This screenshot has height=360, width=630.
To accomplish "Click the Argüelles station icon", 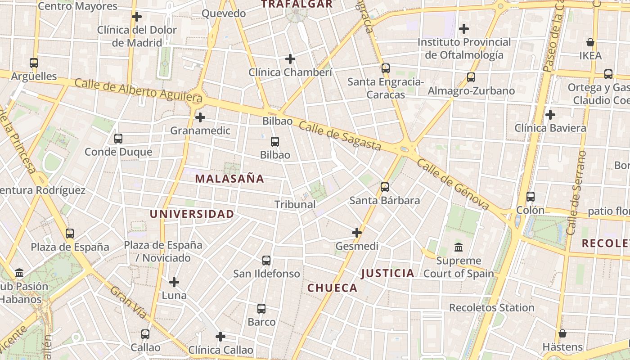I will [34, 63].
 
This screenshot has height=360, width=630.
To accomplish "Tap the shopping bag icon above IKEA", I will [590, 43].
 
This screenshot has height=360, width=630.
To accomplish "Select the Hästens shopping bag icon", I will [562, 333].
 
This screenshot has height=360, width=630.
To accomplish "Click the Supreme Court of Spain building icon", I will [459, 247].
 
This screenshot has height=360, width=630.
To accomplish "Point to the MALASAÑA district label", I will [229, 179].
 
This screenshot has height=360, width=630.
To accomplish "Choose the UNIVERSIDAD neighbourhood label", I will [192, 214].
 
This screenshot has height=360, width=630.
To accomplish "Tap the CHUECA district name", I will [332, 288].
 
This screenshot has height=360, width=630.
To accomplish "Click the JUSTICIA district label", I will [387, 273].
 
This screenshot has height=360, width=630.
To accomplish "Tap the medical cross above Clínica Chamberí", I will [290, 59].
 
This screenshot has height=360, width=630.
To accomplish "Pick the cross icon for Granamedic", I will [200, 117].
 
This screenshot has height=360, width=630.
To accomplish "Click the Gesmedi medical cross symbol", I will [357, 233].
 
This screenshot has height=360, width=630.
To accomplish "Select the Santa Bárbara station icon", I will [385, 187].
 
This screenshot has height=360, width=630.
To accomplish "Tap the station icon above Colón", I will [531, 197].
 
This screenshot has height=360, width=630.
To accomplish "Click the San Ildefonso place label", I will [266, 274].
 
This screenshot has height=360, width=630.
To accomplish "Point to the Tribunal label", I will [295, 204].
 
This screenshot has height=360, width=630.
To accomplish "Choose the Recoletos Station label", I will [491, 308].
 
